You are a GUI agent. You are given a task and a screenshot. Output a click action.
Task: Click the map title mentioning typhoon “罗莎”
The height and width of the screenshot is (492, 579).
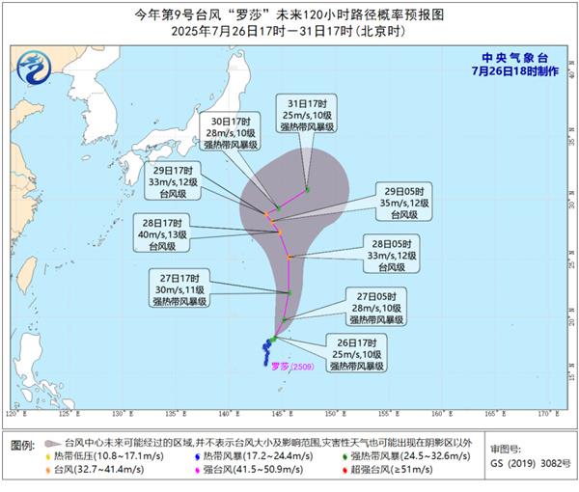pyautogui.click(x=289, y=14)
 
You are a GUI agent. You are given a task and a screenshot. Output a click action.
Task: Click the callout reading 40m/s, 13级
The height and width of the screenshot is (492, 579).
pyautogui.click(x=169, y=232)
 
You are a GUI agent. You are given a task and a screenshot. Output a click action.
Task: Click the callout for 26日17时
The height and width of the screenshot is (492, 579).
pyautogui.click(x=357, y=355)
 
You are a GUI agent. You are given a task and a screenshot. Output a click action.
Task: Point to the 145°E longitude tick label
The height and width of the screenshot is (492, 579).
pyautogui.click(x=279, y=414)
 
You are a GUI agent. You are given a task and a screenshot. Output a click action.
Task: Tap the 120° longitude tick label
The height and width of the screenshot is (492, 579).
pyautogui.click(x=11, y=414)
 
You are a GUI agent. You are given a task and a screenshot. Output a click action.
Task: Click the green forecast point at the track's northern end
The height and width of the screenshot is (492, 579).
pyautogui.click(x=308, y=189)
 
